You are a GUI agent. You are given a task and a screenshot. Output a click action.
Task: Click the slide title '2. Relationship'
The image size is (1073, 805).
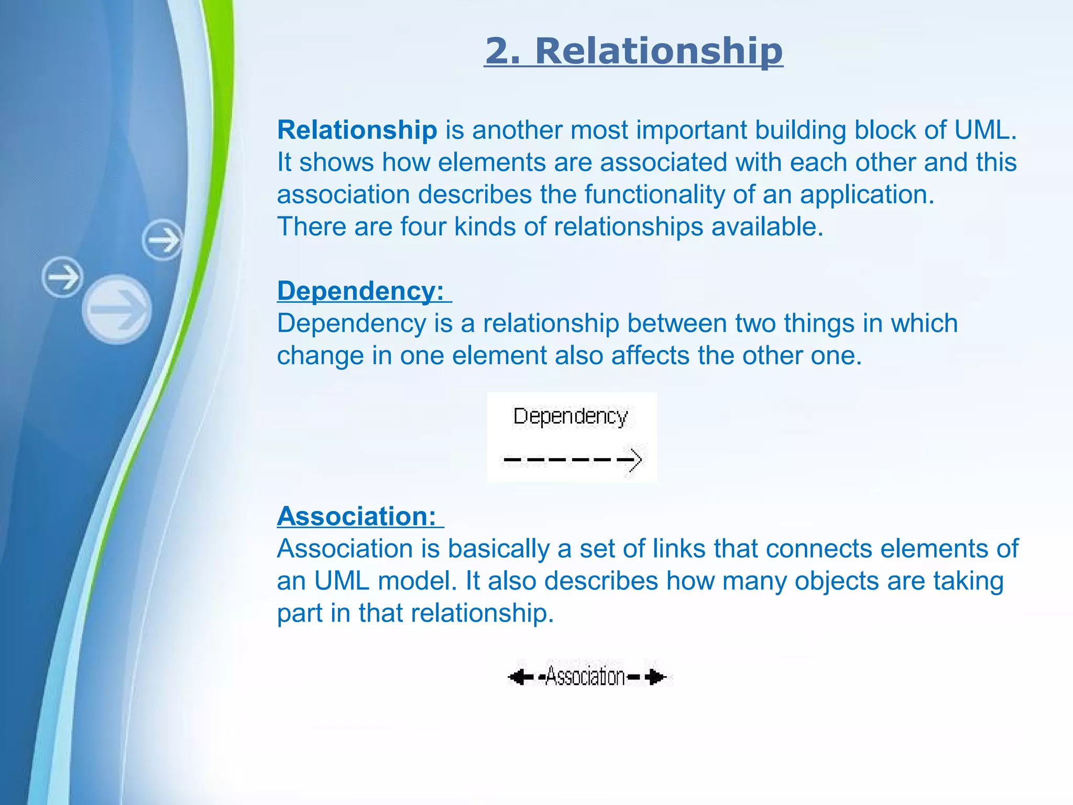(x=633, y=51)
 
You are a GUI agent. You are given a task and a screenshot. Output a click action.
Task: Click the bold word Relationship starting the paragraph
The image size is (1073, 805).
(x=357, y=130)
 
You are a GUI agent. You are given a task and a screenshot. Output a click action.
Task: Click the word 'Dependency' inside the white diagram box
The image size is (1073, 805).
(x=570, y=417)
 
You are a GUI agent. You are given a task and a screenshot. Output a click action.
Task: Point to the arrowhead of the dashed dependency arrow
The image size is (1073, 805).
(x=636, y=460)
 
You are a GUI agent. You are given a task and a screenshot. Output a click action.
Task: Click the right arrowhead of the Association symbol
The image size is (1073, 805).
(x=656, y=677)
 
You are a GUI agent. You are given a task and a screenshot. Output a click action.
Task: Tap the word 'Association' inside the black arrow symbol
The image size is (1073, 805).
(x=586, y=677)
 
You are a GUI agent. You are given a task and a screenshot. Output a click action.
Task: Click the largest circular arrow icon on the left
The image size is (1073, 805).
(x=117, y=309)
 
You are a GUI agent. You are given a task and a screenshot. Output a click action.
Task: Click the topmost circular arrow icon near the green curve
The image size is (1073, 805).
(x=163, y=240)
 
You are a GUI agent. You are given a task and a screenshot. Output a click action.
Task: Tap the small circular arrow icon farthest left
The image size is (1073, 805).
(x=62, y=277)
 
